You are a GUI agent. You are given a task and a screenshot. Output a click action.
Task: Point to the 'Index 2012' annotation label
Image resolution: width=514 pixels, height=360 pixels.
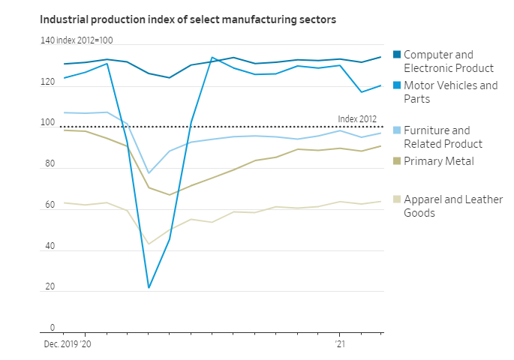[x=357, y=118]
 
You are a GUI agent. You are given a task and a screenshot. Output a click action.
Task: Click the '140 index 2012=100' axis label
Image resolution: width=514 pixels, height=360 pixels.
[x=77, y=40]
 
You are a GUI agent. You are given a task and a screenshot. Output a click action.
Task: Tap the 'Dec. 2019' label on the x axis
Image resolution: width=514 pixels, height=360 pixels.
[x=59, y=344]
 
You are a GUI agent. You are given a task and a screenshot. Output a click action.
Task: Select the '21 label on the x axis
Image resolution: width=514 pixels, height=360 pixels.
[x=340, y=344]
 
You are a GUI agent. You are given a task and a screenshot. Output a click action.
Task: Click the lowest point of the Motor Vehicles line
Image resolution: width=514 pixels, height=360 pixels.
[x=149, y=288]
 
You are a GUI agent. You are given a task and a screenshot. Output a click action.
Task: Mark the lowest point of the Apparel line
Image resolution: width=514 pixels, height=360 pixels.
[x=149, y=244]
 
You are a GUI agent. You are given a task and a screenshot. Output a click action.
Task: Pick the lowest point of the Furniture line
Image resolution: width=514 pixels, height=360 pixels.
[x=149, y=173]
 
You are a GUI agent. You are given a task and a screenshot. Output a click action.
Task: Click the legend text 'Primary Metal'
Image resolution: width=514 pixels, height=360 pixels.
[x=439, y=161]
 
